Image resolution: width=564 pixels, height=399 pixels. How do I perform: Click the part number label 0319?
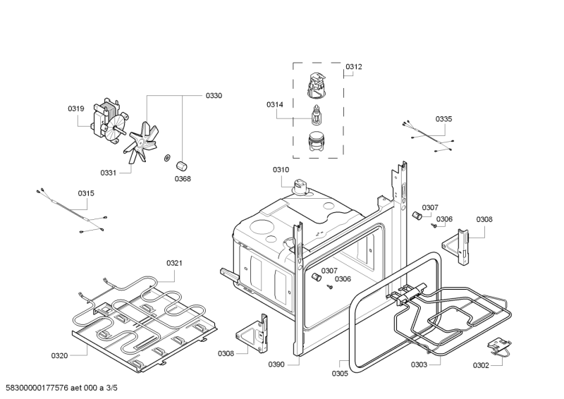(75, 109)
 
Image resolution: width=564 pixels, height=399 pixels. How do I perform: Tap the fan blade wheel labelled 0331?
(144, 142)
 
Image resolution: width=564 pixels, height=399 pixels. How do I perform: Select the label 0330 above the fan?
(214, 96)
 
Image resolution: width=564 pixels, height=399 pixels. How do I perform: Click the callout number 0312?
(354, 67)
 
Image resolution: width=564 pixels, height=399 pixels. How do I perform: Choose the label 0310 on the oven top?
(281, 170)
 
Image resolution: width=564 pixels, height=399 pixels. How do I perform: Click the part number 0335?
(443, 119)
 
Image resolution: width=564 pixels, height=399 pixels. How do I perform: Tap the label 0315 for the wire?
(86, 193)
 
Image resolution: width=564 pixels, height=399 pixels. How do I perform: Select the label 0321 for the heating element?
(175, 263)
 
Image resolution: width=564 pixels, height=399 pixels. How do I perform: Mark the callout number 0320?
(59, 356)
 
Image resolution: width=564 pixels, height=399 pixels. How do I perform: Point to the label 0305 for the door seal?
(340, 374)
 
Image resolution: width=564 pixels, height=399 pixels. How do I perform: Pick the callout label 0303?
(419, 364)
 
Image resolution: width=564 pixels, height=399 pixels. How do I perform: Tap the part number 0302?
(481, 365)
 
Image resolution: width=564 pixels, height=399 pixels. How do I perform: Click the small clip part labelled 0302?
(500, 346)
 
